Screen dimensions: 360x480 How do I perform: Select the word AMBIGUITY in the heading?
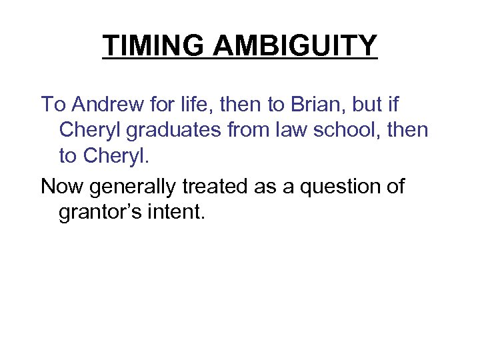[x=296, y=46]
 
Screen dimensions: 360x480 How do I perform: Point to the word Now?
[x=61, y=187]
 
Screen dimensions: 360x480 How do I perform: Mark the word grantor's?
[x=102, y=213]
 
